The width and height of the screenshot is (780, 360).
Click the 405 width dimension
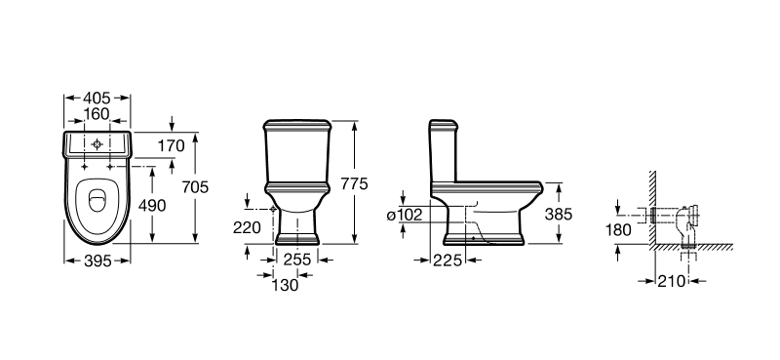click(x=97, y=99)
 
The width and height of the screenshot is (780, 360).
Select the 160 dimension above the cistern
click(x=97, y=114)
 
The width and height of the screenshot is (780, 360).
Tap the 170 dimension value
click(x=172, y=146)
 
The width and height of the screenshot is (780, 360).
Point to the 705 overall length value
click(x=195, y=187)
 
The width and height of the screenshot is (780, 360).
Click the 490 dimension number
click(x=152, y=205)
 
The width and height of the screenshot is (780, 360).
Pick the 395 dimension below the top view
click(x=97, y=260)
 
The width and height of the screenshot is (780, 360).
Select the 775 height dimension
click(x=354, y=183)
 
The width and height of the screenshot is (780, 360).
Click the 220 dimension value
click(x=247, y=227)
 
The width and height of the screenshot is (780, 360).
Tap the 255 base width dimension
click(x=297, y=260)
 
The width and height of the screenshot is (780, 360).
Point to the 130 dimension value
click(x=286, y=285)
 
